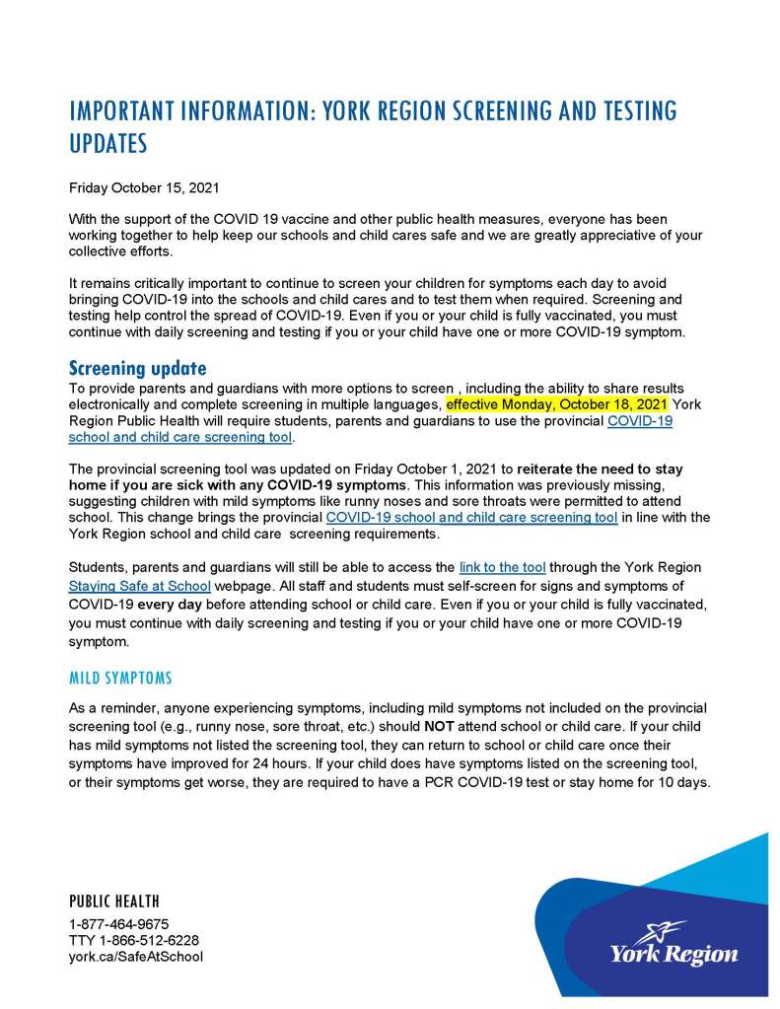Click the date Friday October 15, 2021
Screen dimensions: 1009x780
point(143,187)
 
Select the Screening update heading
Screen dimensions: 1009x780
point(137,369)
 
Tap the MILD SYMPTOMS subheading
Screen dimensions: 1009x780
point(120,679)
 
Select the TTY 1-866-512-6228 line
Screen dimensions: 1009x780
point(134,940)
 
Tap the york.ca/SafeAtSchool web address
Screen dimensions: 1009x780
point(136,956)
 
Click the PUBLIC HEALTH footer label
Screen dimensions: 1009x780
point(113,901)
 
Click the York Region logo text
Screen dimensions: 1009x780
point(674,954)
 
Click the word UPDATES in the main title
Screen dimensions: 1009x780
point(108,144)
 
